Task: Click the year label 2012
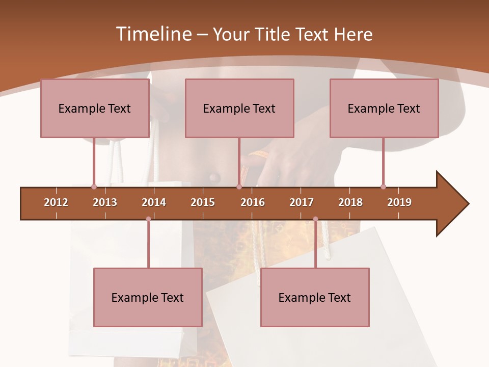(56, 202)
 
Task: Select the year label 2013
(105, 202)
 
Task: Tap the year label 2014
(154, 202)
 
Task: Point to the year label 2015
(203, 202)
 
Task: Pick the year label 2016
(253, 202)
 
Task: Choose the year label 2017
(302, 202)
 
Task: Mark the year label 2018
(350, 202)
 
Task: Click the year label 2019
(399, 202)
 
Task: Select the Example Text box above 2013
(95, 108)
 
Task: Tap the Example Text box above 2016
(239, 108)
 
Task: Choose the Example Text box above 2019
(384, 108)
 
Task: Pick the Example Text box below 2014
(148, 297)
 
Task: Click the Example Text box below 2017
(315, 297)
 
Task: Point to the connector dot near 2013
(94, 187)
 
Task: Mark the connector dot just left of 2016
(239, 187)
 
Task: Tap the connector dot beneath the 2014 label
(148, 219)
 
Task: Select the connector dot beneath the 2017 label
(315, 219)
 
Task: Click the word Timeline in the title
(153, 34)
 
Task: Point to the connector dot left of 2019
(383, 187)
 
